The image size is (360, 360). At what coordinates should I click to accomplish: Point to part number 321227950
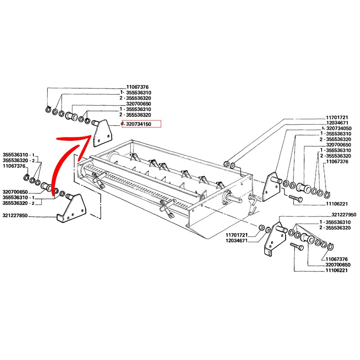[x=343, y=215]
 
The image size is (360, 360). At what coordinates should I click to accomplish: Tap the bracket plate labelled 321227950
[x=270, y=241]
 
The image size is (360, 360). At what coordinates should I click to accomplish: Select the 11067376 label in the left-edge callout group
[x=14, y=166]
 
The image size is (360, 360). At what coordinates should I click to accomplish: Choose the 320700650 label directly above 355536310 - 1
[x=16, y=191]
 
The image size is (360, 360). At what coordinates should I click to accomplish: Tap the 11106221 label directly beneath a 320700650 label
[x=337, y=270]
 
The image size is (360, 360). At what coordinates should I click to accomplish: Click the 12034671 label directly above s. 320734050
[x=337, y=122]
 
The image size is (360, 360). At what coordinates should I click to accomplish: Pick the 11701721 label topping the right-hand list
[x=337, y=117]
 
